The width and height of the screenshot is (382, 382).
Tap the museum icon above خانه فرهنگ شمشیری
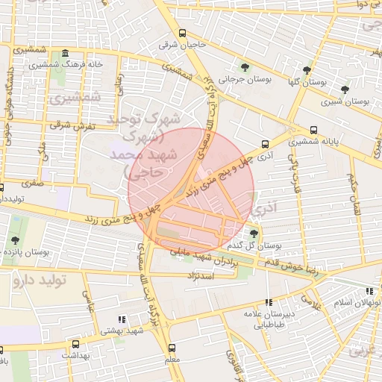pos(65,54)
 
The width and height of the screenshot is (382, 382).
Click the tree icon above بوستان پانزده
pos(15,240)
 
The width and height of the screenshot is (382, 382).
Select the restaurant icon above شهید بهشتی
pos(122,319)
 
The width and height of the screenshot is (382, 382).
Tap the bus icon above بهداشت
pos(75,345)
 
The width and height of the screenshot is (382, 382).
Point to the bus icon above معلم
pos(172,348)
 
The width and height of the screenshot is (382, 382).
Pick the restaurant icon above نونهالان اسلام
pos(369,291)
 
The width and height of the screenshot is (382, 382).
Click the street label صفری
pos(33,181)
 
